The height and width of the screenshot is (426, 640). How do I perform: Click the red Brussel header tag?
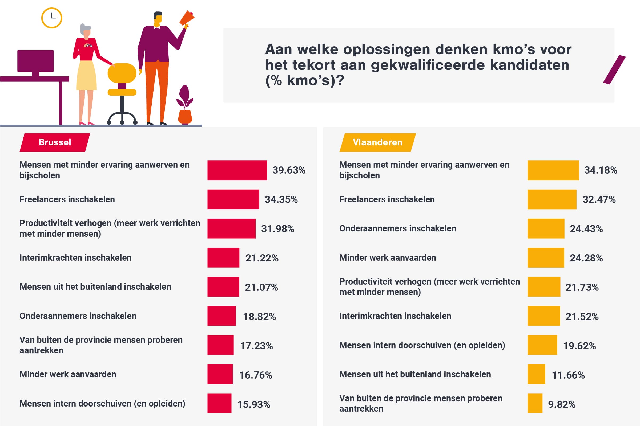coord(55,142)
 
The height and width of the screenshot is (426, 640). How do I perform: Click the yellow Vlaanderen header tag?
coord(377,142)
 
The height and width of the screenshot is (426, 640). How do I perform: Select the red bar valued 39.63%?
coord(237,170)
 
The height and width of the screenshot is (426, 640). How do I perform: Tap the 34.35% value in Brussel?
coord(281,199)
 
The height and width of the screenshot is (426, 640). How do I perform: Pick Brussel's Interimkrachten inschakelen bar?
coord(223,257)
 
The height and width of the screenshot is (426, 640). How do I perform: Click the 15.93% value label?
coord(253,404)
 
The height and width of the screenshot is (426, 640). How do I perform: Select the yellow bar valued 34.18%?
coord(553,170)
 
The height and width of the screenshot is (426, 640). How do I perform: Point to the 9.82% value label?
coord(561,404)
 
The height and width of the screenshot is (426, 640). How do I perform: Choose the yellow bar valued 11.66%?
coord(536,374)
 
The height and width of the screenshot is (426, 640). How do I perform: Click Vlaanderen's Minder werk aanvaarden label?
coord(387,257)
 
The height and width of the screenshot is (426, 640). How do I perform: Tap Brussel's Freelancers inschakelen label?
coord(67,199)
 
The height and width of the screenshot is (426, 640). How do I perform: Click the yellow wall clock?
coord(52,18)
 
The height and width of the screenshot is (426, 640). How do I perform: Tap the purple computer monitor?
coord(35,61)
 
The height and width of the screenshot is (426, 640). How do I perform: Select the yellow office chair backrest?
coord(122,73)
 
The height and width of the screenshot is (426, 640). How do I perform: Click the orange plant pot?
coord(185,117)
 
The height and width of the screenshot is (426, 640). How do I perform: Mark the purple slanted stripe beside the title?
coord(614,69)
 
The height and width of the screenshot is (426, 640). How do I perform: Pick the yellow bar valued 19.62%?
coord(542,345)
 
